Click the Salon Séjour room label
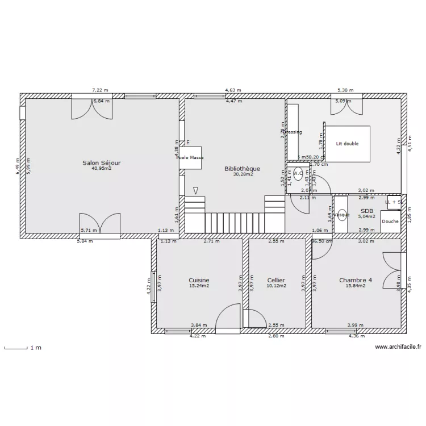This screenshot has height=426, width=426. click(102, 162)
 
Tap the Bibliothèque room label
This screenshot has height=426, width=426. click(242, 169)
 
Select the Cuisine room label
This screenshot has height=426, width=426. click(199, 280)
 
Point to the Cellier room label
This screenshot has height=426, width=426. click(276, 280)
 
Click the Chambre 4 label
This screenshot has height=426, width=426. click(356, 280)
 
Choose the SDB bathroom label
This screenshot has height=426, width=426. click(366, 210)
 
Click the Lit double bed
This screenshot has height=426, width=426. click(347, 144)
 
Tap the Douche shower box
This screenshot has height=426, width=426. click(390, 221)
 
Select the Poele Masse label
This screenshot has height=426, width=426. click(190, 157)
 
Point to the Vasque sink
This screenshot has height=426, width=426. click(341, 215)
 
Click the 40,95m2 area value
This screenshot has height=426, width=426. click(102, 168)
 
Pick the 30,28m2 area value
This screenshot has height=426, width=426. click(243, 174)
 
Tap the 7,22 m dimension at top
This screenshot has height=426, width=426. click(101, 90)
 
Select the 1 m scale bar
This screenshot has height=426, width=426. click(16, 348)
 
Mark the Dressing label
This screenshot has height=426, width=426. click(293, 132)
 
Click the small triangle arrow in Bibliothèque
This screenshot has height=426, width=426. click(196, 190)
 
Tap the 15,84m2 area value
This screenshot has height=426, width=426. click(356, 286)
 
